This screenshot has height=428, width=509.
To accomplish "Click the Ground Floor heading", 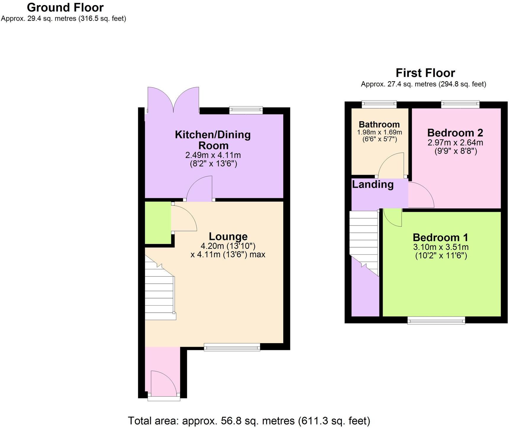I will (x=65, y=7).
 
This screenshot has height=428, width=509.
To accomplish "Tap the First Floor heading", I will (x=425, y=73).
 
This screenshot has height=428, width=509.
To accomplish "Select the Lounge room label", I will (x=228, y=236).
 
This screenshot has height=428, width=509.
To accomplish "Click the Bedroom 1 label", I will (x=440, y=237).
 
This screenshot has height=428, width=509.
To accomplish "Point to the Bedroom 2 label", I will (x=455, y=133).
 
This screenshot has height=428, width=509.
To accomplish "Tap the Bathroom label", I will (x=379, y=125).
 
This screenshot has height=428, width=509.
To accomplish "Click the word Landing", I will (x=373, y=185).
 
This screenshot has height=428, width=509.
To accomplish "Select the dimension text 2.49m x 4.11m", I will (x=213, y=155).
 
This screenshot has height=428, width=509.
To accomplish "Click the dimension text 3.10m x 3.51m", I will (x=441, y=247).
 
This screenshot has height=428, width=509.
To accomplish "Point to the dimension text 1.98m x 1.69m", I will (x=379, y=132).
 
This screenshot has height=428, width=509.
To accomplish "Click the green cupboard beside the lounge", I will (x=158, y=222).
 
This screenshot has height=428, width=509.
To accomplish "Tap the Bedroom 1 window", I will (x=436, y=320).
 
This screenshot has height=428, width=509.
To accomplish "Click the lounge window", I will (x=232, y=347).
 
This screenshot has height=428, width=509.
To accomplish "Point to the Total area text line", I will (x=249, y=420).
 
